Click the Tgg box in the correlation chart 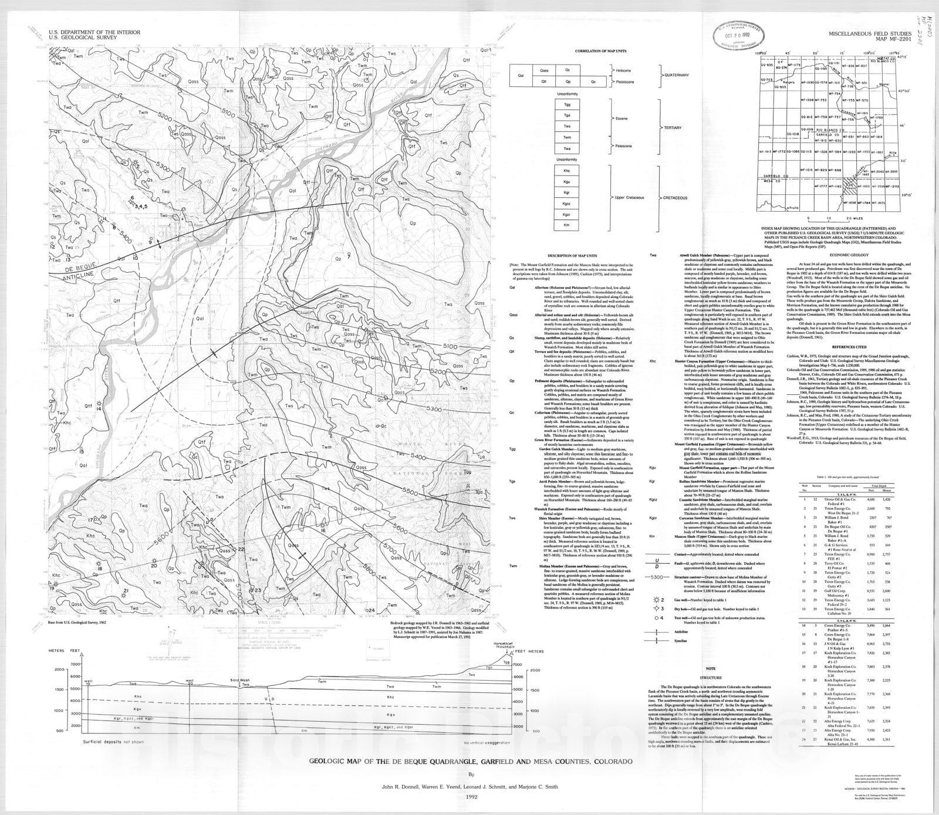567,104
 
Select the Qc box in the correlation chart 594,81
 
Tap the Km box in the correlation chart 567,225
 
